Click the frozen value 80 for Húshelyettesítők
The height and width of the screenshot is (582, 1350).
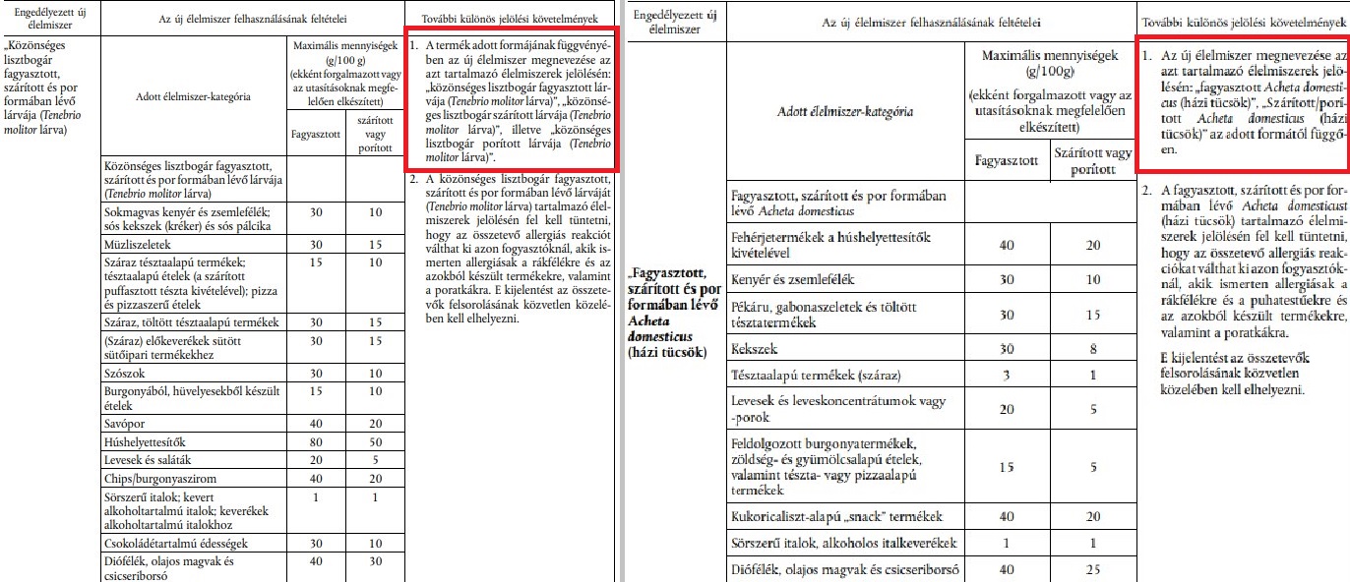[316, 442]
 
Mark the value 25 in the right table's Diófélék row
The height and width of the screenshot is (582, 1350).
[1092, 568]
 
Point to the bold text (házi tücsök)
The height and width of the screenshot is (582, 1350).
[667, 353]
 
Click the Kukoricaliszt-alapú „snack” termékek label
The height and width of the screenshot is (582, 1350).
[835, 516]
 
